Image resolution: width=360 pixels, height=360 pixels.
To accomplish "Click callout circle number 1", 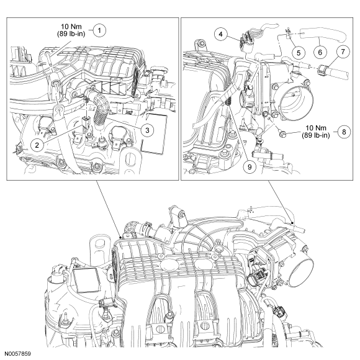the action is coord(99,30).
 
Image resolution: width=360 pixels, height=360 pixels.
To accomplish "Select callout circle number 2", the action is coord(37,145).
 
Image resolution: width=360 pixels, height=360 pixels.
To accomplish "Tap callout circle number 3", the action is coord(147,130).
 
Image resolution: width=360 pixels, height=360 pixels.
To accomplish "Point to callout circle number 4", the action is coord(220,34).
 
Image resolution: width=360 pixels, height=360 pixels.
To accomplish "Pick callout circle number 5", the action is coord(299,53).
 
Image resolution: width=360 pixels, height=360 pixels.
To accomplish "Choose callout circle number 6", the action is coord(320,52).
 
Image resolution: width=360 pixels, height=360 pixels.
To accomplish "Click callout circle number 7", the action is coord(343,52).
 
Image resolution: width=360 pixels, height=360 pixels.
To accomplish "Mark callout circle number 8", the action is coord(344,132).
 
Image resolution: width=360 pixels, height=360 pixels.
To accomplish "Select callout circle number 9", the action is coord(250,167).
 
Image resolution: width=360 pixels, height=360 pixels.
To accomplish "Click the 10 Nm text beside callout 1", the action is coord(71,27).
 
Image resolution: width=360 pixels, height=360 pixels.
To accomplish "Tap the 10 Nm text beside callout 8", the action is coord(316,128).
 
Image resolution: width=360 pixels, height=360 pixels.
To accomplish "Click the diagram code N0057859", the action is coord(17,354).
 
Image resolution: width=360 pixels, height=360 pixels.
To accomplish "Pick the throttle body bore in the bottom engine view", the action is coord(301,272).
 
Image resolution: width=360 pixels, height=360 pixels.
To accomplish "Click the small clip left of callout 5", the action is coord(288,33).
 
